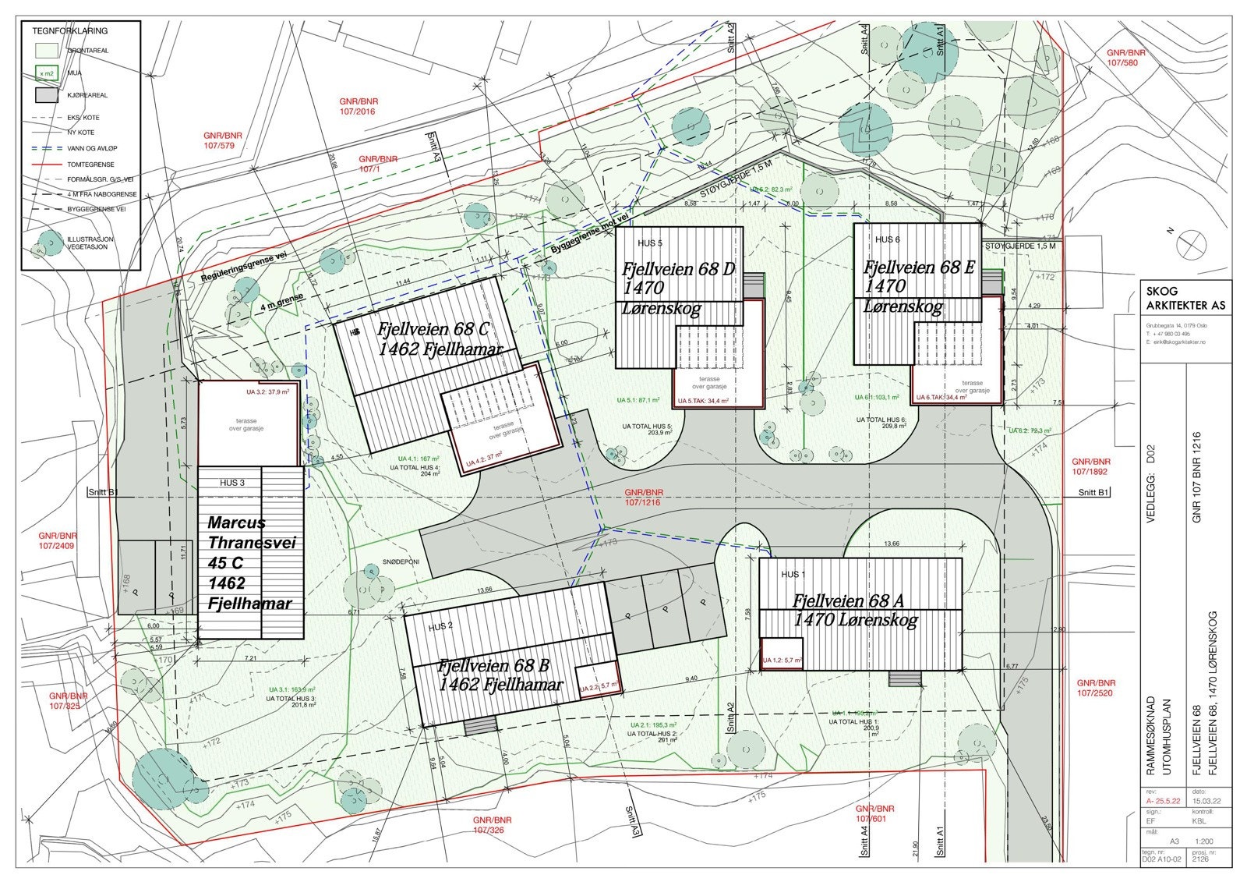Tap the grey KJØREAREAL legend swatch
47,95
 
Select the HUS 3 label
232,483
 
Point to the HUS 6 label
887,239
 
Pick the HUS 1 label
793,575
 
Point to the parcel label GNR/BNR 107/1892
1090,466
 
